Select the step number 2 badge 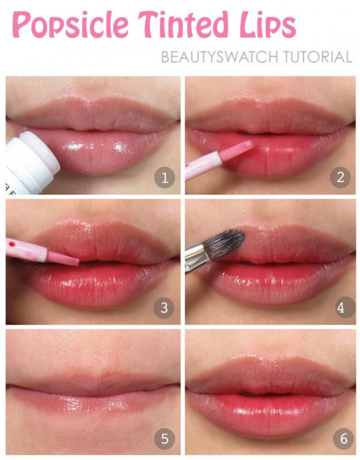pyautogui.click(x=340, y=178)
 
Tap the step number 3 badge pyautogui.click(x=164, y=308)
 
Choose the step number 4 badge pyautogui.click(x=340, y=308)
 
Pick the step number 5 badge pyautogui.click(x=164, y=439)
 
